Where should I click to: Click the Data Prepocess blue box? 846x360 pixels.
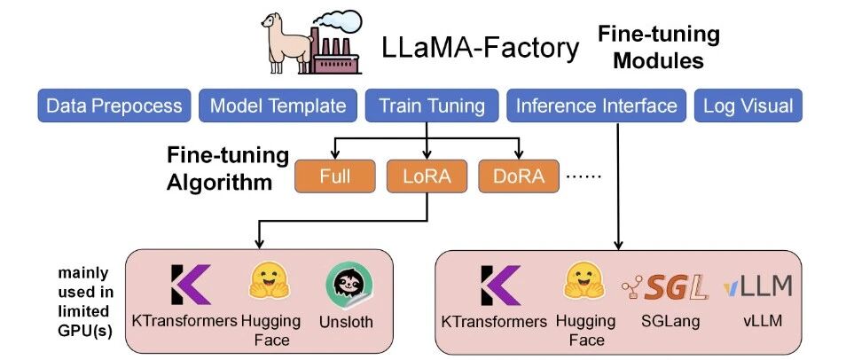click(114, 106)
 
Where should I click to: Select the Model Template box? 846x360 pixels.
click(278, 106)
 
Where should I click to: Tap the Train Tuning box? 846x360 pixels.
click(432, 106)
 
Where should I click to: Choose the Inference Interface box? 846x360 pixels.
click(596, 106)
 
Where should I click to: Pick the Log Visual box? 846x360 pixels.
click(748, 106)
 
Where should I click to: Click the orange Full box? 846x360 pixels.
click(335, 176)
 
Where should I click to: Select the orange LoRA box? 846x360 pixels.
click(427, 176)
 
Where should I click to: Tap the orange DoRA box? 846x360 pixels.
click(519, 176)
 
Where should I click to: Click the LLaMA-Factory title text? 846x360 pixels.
click(480, 48)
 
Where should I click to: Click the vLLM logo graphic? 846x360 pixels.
click(757, 286)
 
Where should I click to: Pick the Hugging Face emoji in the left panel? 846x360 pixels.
click(270, 280)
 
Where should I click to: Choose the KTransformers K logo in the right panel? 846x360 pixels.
click(499, 285)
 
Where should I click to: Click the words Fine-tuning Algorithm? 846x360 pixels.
click(227, 169)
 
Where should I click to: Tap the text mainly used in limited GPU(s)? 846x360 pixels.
click(86, 301)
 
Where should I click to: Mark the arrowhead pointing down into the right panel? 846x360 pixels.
click(618, 243)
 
